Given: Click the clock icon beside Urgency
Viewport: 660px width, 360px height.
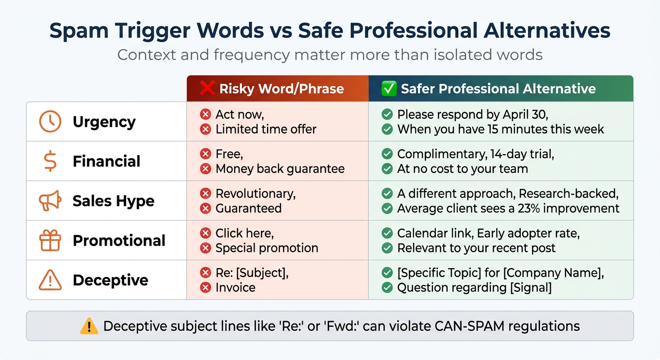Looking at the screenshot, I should [50, 122].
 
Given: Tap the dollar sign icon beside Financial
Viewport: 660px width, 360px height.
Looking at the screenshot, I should [50, 161].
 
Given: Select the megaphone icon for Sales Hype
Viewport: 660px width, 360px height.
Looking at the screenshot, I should [50, 201].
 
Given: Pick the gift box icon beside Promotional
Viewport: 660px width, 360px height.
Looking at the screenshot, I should [50, 240].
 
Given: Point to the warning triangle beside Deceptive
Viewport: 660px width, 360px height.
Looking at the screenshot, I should [50, 280].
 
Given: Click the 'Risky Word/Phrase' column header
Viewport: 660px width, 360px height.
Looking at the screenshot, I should [281, 89].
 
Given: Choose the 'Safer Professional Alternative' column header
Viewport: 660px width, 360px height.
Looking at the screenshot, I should [498, 89].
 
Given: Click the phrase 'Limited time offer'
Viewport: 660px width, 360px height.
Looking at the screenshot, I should [266, 129].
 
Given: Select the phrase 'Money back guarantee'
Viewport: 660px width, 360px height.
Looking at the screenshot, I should [280, 169].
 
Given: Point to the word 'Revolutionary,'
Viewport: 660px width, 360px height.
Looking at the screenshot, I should [255, 194].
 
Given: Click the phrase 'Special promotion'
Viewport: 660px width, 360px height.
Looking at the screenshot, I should [267, 248].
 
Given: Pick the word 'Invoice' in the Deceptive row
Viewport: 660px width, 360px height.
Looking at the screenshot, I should [235, 287].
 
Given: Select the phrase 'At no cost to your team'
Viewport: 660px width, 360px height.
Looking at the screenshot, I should [463, 169].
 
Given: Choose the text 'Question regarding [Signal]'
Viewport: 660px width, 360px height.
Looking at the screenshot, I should [474, 287].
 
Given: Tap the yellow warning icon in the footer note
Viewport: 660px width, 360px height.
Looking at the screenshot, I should [89, 326].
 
